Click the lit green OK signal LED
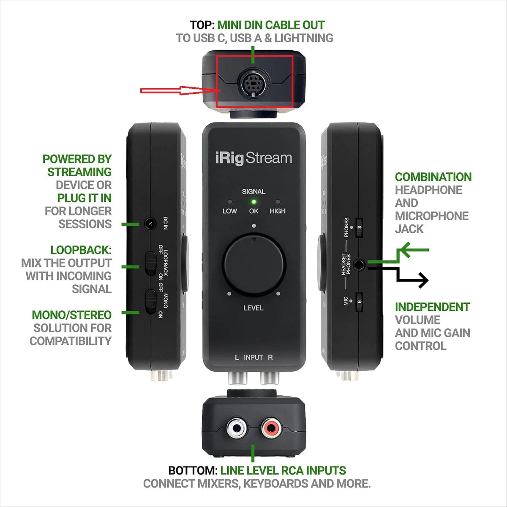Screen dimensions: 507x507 [x=253, y=202]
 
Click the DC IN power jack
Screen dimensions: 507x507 [x=150, y=224]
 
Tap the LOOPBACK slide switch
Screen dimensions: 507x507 [x=151, y=264]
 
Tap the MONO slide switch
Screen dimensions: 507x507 [x=151, y=302]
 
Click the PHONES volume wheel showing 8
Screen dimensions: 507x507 [x=359, y=228]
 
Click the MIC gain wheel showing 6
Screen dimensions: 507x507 [x=359, y=302]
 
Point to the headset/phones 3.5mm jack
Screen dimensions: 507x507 [x=359, y=264]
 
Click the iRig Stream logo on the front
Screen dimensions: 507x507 [x=253, y=158]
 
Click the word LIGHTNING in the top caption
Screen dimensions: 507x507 [x=304, y=38]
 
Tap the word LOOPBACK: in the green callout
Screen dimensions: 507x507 [x=81, y=250]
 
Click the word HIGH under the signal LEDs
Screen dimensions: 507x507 [x=278, y=211]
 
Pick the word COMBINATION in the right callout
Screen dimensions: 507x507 [x=433, y=177]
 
